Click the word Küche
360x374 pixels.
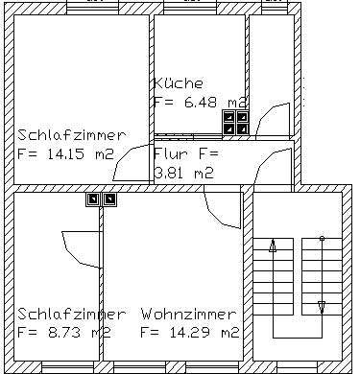[x=179, y=83]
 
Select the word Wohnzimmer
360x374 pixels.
[x=189, y=315]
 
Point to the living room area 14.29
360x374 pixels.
[x=189, y=333]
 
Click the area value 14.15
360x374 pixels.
[x=65, y=154]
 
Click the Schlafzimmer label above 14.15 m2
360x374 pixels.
[x=71, y=135]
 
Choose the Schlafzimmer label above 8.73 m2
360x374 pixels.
[x=71, y=315]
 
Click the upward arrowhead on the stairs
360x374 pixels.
[x=273, y=245]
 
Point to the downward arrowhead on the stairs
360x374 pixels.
[x=322, y=308]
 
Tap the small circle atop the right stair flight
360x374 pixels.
[x=323, y=238]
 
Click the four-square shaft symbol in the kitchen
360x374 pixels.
[x=236, y=123]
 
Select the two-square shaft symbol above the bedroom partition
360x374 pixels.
[x=101, y=199]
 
